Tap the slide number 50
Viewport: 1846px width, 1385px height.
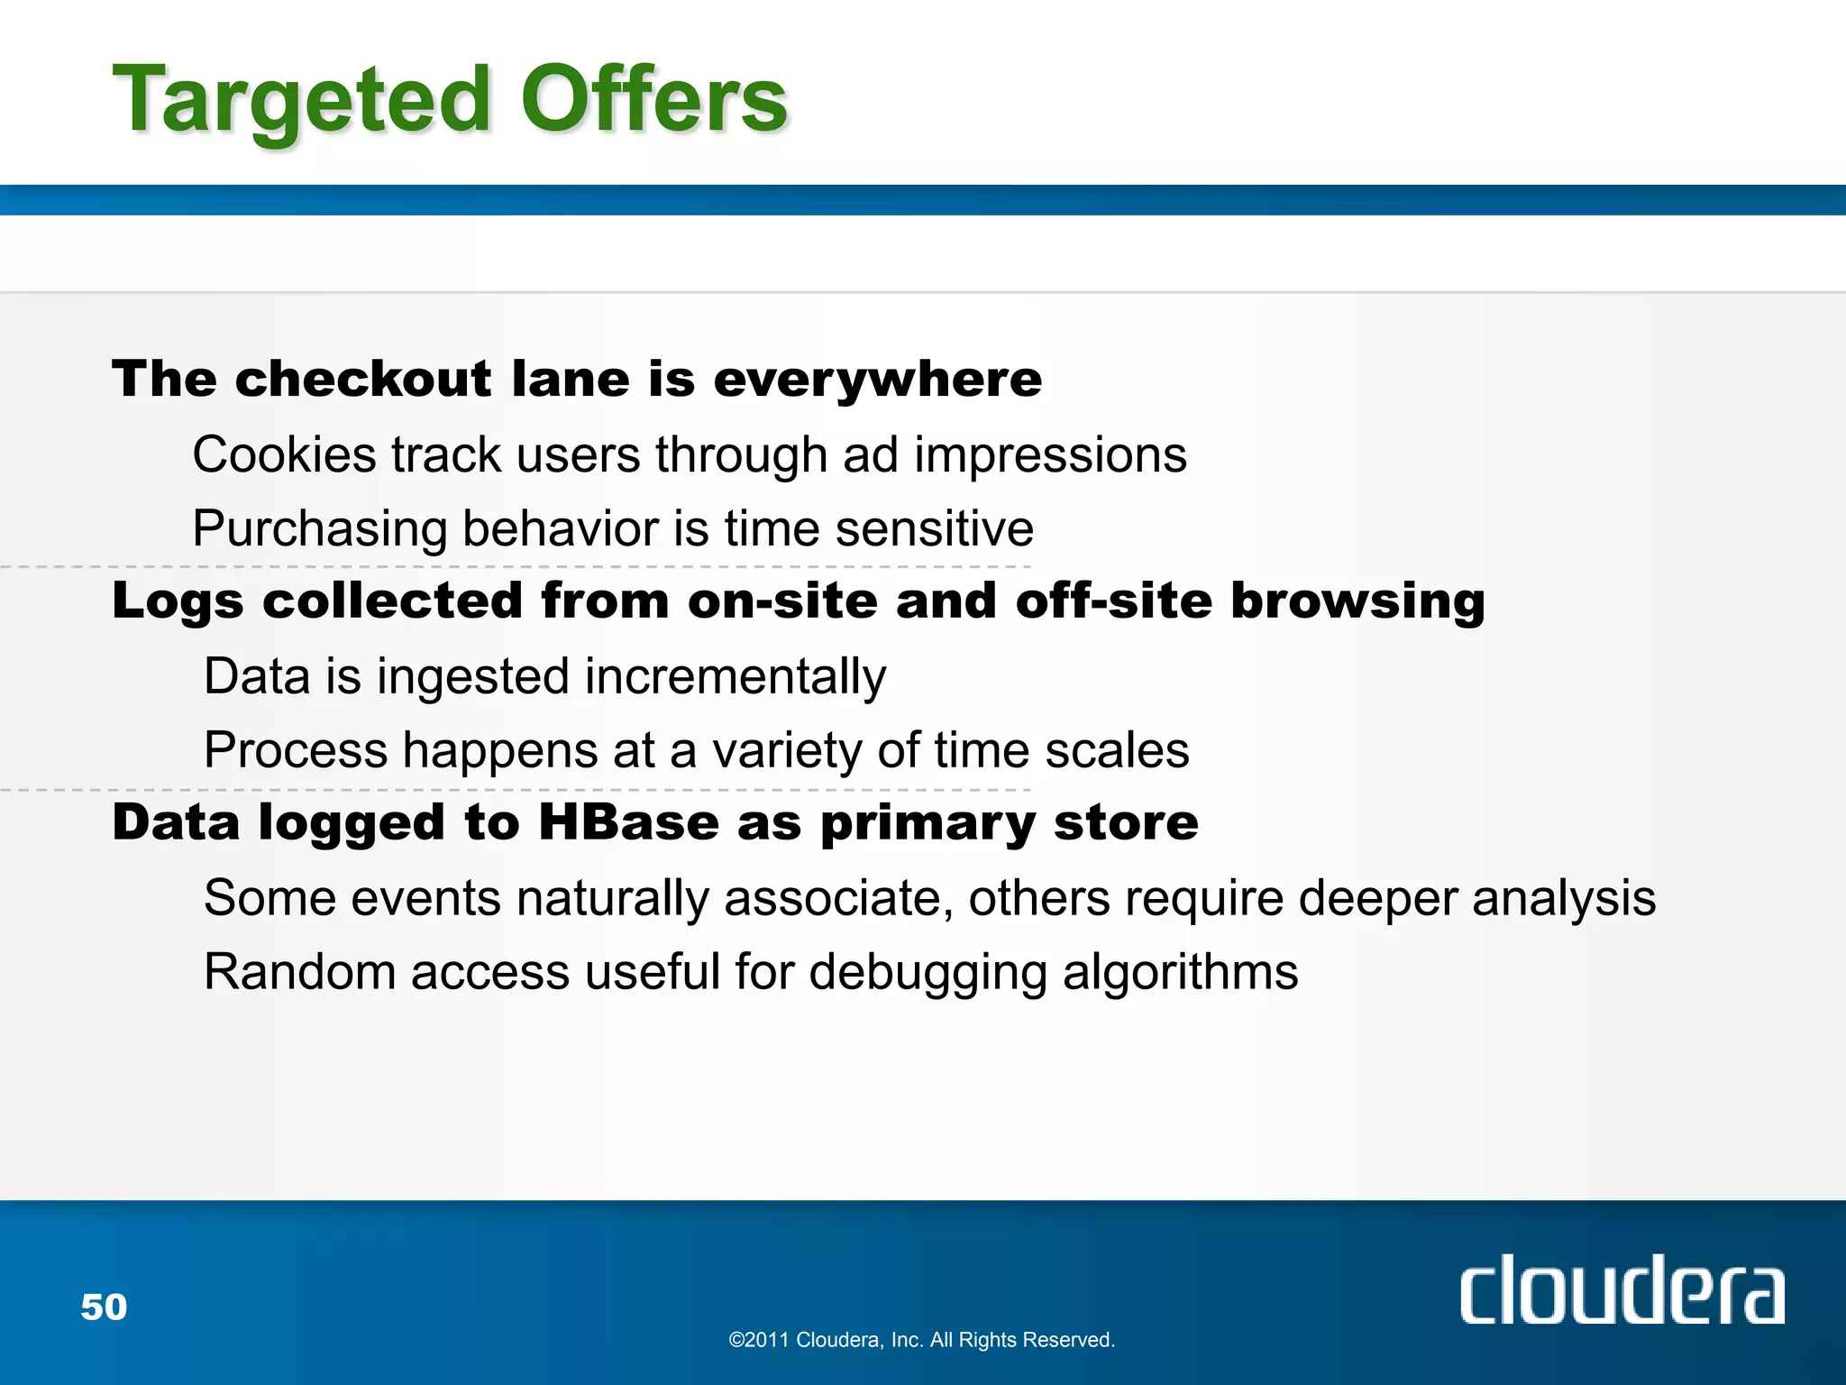point(104,1307)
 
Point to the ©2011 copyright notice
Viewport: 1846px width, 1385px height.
point(921,1340)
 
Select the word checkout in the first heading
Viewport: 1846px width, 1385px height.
point(363,379)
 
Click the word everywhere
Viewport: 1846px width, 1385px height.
point(877,381)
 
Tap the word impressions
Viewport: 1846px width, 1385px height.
point(1050,456)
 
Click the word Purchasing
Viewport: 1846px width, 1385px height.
point(319,530)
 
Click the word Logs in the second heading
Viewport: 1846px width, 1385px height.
point(178,602)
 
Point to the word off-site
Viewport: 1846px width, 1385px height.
point(1114,601)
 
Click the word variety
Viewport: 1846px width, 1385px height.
point(787,752)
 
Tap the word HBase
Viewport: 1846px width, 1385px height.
point(628,822)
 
